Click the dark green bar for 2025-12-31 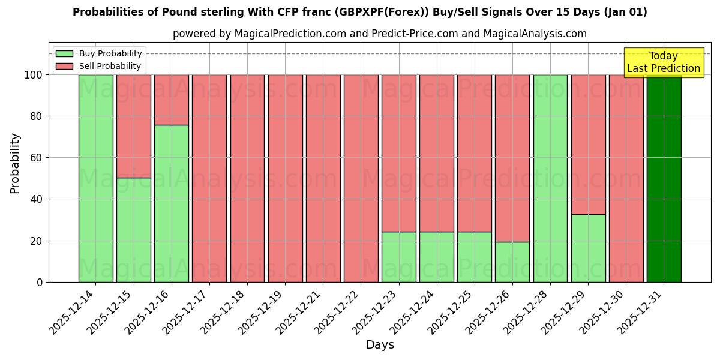coord(664,178)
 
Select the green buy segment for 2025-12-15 coord(133,230)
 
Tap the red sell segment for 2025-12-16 coord(171,100)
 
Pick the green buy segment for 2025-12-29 coord(588,248)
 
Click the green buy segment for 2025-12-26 coord(512,262)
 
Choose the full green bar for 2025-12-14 coord(95,178)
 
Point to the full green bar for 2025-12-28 coord(550,178)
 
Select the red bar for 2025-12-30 coord(626,178)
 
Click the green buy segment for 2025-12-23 coord(398,257)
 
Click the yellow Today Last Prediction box coord(664,62)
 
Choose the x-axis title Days coord(380,345)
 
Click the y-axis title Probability coord(15,163)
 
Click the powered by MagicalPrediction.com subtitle coord(379,34)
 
